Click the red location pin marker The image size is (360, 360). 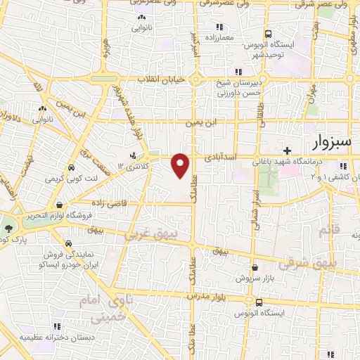point(181,165)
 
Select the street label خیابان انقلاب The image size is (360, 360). point(162,79)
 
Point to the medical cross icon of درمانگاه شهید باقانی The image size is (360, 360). point(287,150)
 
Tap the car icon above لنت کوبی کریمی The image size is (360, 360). point(72,168)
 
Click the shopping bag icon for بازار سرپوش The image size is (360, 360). point(254,268)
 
